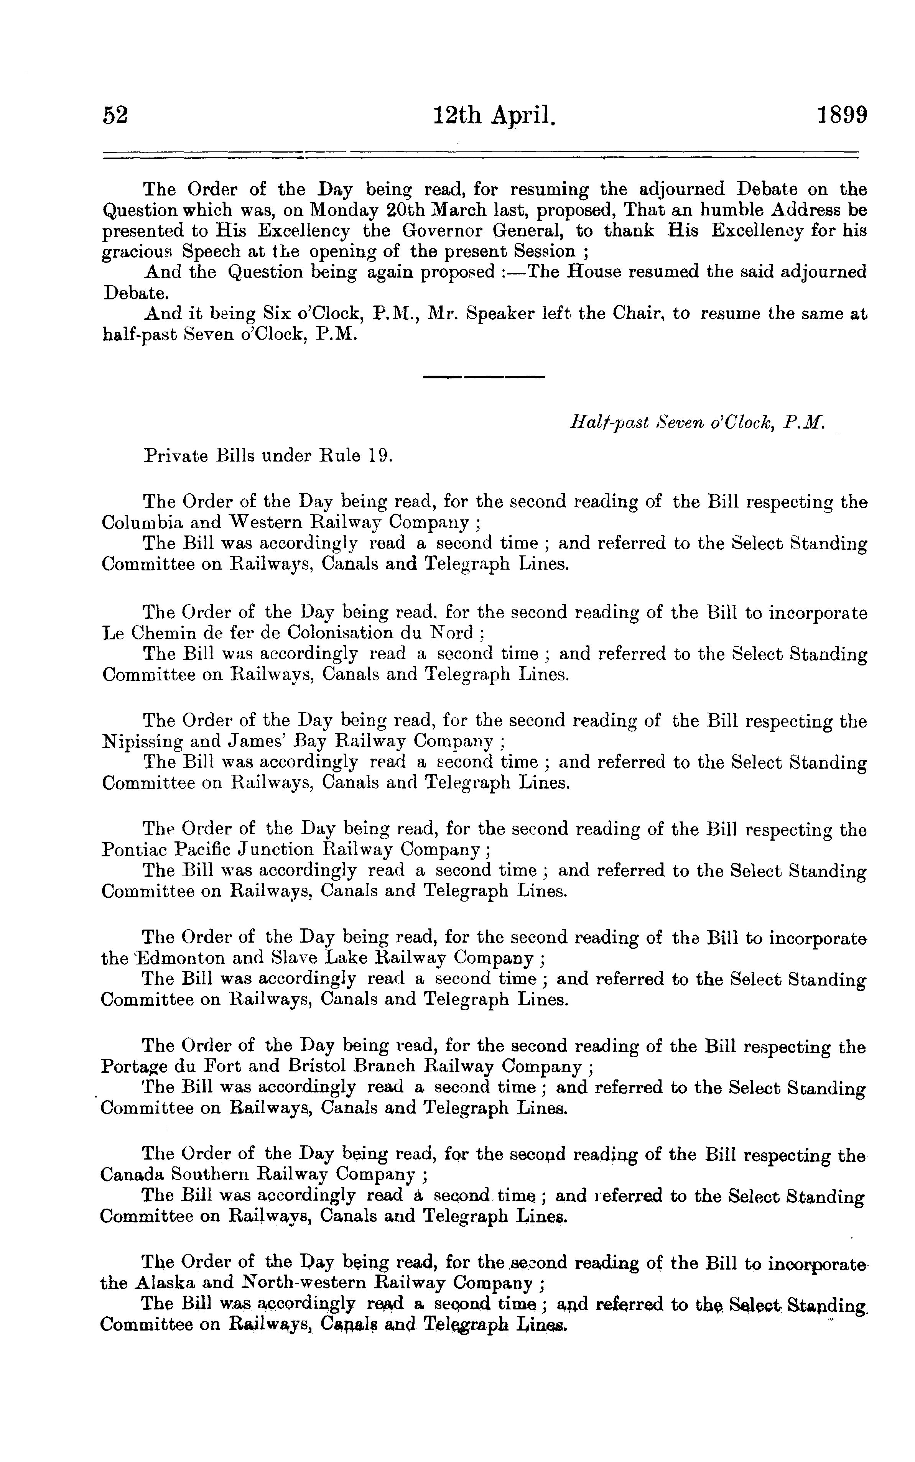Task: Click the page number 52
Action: (x=115, y=115)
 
